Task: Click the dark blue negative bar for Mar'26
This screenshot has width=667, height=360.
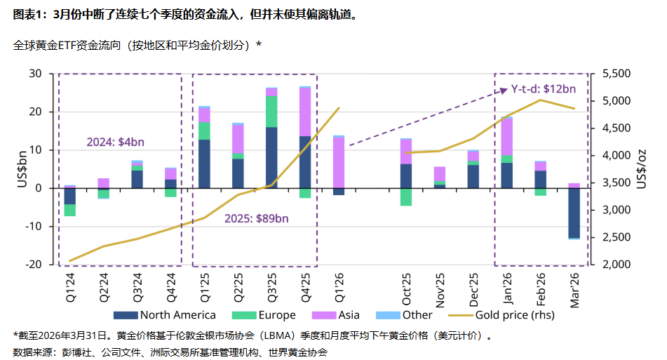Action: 574,213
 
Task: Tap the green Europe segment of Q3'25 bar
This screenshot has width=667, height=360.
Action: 271,112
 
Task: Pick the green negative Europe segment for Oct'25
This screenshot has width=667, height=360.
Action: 406,196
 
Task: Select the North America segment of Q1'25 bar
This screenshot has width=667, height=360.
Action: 204,164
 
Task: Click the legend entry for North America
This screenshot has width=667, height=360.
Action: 171,315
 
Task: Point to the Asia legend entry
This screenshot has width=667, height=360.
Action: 337,315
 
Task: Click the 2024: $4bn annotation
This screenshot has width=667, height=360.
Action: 115,142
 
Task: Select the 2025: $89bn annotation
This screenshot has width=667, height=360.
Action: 255,218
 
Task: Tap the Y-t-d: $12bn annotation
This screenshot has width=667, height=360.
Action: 543,88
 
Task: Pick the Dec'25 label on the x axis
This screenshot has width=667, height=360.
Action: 473,286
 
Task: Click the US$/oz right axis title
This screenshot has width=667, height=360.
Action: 642,169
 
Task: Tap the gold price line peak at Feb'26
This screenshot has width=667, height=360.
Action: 540,100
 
